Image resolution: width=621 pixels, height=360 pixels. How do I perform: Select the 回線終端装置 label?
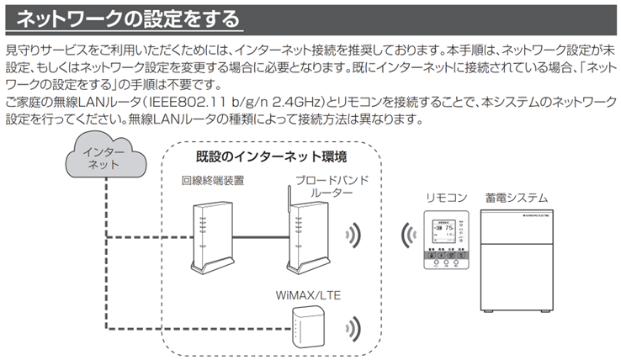[x=212, y=180]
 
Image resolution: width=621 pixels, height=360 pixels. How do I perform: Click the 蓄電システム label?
[x=517, y=199]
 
